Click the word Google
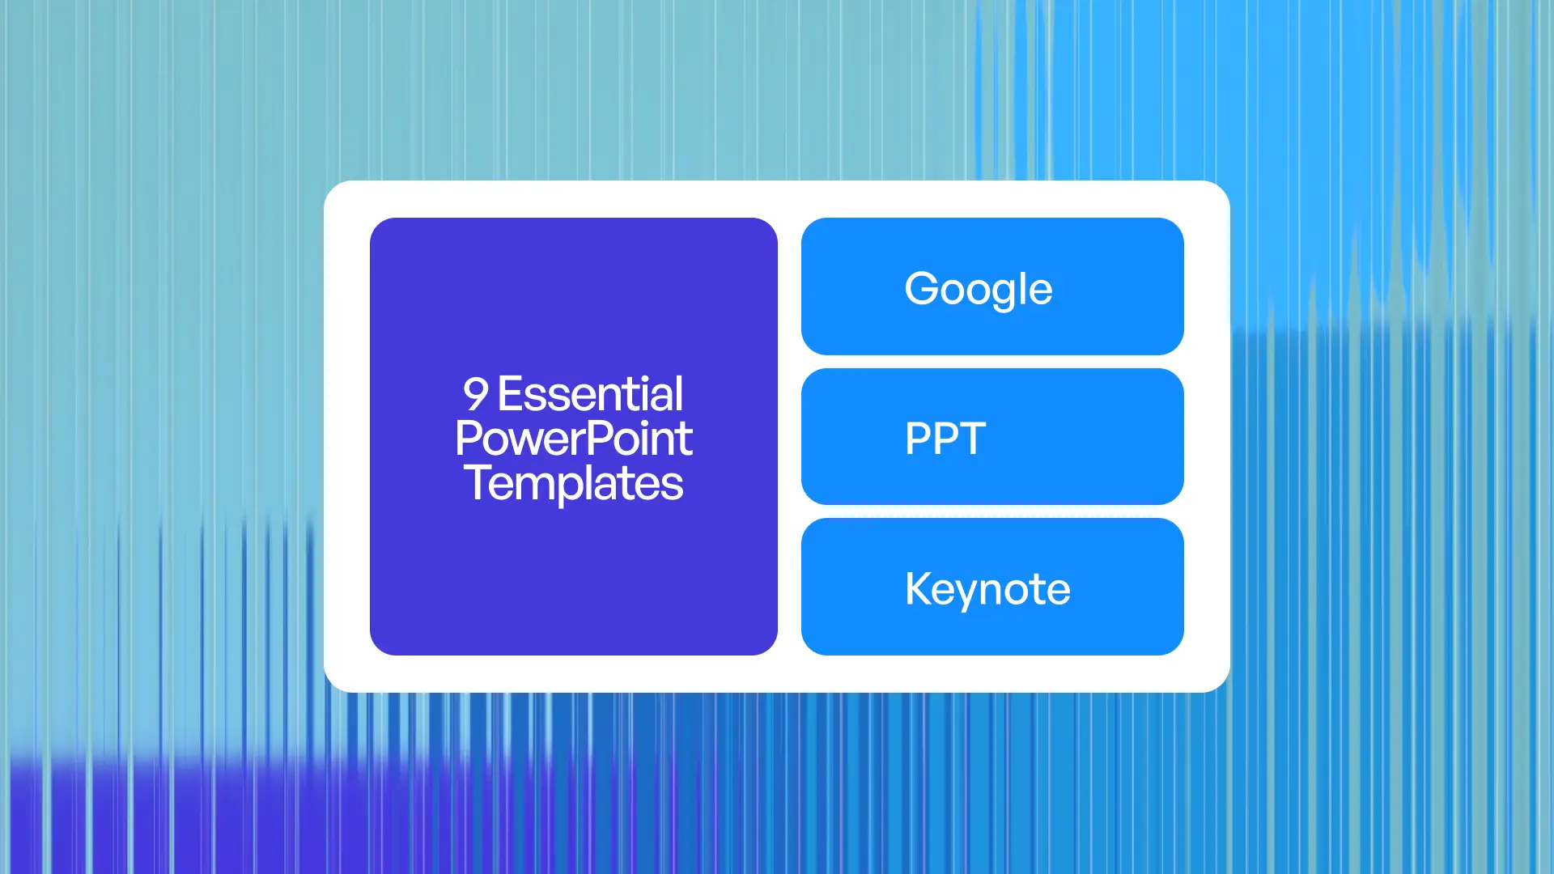click(978, 289)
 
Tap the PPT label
click(945, 439)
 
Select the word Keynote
click(987, 589)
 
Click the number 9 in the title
click(476, 395)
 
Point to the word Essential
click(590, 395)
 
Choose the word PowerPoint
click(573, 439)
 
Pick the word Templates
click(573, 483)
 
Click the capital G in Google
click(921, 288)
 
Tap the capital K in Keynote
click(919, 588)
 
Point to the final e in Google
click(1038, 291)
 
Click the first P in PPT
click(918, 439)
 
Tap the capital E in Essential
click(510, 395)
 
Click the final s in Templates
click(673, 485)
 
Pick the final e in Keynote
click(1056, 591)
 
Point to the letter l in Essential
click(679, 393)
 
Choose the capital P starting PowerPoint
click(467, 439)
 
